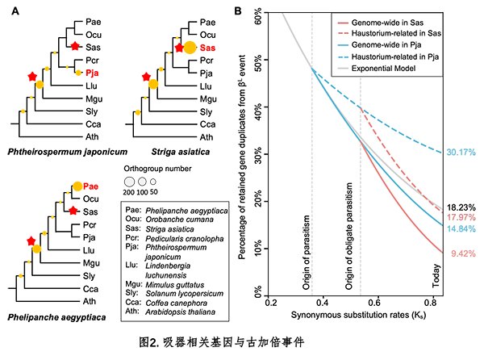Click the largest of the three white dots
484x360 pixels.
128,182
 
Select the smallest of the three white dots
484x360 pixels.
152,182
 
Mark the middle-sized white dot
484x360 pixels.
142,182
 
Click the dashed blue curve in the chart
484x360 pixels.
403,132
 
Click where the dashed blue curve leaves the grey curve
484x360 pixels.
313,69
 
